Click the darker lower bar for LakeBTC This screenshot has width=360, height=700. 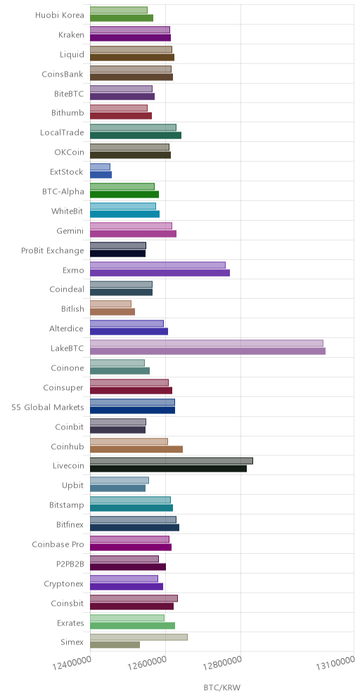coord(207,351)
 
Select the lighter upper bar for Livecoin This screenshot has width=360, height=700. coord(172,461)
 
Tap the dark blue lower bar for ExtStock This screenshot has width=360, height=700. coord(101,174)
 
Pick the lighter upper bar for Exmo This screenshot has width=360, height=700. coord(157,265)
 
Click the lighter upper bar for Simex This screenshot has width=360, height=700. coord(139,637)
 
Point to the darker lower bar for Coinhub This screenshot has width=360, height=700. coord(136,449)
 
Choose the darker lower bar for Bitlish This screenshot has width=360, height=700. coord(112,311)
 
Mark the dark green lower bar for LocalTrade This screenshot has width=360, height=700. coord(136,135)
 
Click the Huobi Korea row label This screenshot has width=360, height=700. coord(59,15)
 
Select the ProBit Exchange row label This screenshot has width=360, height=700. coord(53,250)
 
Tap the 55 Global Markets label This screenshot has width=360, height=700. coord(48,407)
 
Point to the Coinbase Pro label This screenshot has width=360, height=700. coord(58,544)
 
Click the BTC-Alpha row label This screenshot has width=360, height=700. coord(63,192)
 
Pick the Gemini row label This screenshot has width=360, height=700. coord(70,231)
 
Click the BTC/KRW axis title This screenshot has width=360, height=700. coord(222,687)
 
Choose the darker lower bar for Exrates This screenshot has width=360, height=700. coord(133,626)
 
